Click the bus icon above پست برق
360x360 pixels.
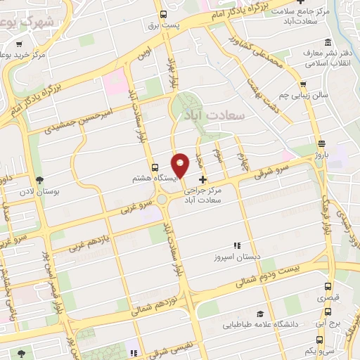coord(163,15)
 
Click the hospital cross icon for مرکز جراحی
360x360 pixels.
coord(202,179)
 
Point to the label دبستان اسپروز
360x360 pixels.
coord(237,257)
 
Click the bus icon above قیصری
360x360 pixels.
coord(328,286)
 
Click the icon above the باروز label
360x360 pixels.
coord(321,142)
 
